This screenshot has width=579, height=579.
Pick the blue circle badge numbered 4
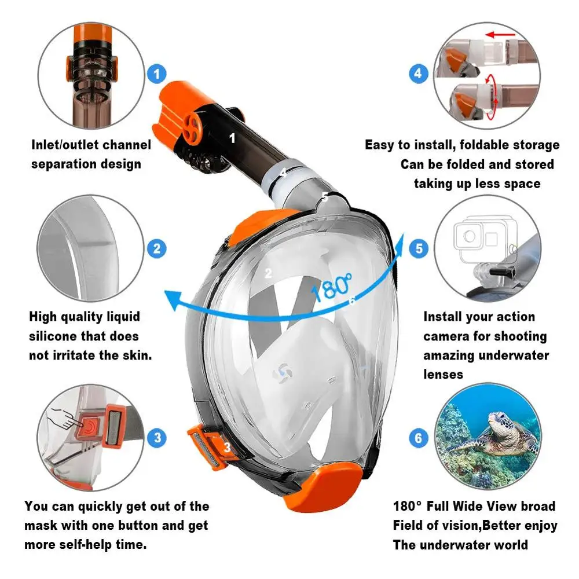[419, 74]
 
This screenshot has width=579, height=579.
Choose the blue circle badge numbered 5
[419, 249]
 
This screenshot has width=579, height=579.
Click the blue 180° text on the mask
[332, 287]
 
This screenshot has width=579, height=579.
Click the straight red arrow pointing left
[501, 35]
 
